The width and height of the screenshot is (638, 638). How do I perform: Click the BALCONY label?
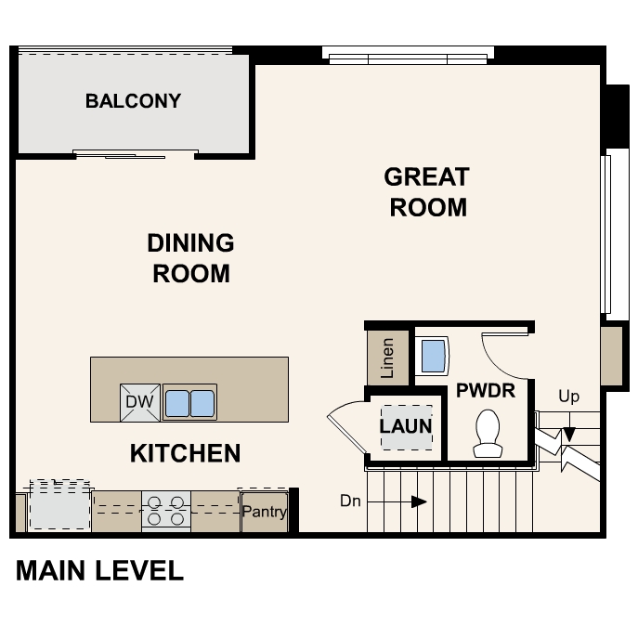point(133,101)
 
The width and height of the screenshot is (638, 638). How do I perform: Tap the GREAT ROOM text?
point(427,191)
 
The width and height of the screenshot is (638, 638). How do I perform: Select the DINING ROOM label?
point(190,258)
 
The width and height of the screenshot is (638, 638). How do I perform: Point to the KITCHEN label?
point(185,453)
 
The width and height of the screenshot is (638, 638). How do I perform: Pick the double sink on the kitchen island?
point(189,403)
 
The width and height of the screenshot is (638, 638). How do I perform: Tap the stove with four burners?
point(165,512)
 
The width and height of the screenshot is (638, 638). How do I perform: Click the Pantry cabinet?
point(265,512)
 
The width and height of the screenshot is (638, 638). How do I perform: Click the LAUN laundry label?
point(406,426)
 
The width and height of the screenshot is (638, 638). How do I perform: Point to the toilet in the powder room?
point(488,434)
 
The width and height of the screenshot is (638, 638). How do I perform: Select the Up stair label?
point(568,397)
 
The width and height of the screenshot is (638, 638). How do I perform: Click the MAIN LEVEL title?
point(99,570)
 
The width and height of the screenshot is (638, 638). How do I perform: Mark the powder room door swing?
point(506,354)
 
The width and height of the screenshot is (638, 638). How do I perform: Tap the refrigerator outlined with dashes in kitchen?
point(60,506)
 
